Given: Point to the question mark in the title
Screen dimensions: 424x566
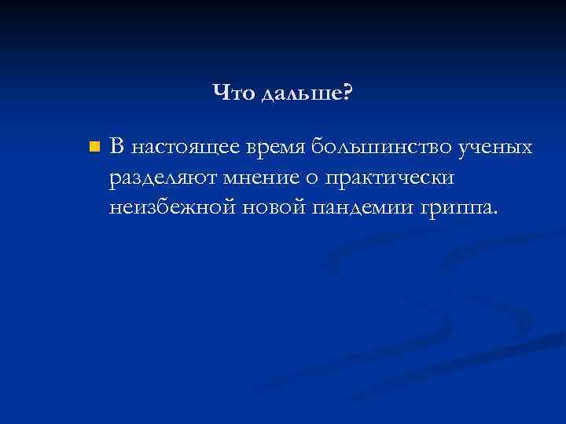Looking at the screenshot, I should [347, 94].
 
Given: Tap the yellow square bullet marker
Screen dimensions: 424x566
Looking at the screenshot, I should [95, 148].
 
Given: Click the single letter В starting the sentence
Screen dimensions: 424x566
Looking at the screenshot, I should [117, 146].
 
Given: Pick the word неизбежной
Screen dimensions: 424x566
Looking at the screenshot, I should [172, 209].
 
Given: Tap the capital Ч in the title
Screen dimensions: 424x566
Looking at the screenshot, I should [219, 94].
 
